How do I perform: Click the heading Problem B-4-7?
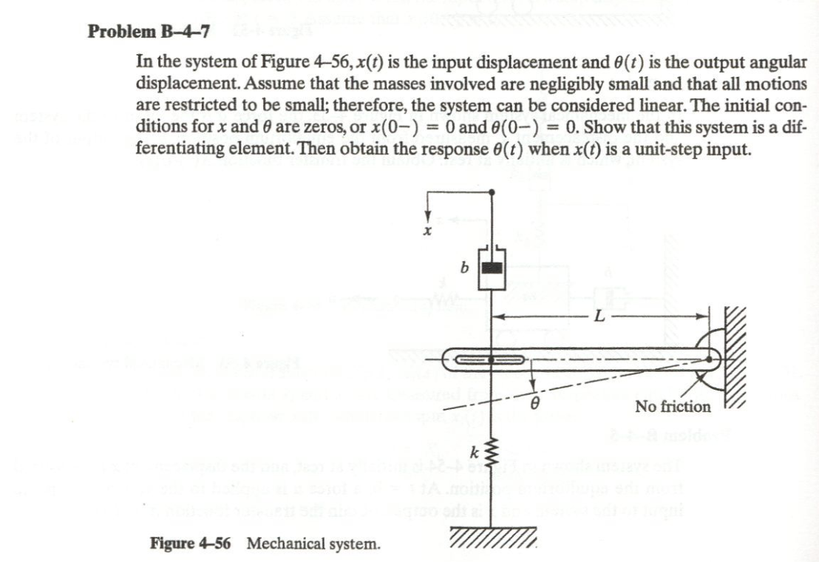point(149,32)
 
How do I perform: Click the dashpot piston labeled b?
point(492,267)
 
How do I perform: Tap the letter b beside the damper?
point(463,268)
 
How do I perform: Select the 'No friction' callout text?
point(673,406)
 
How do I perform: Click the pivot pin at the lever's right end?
point(710,360)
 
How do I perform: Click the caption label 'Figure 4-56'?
point(190,544)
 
